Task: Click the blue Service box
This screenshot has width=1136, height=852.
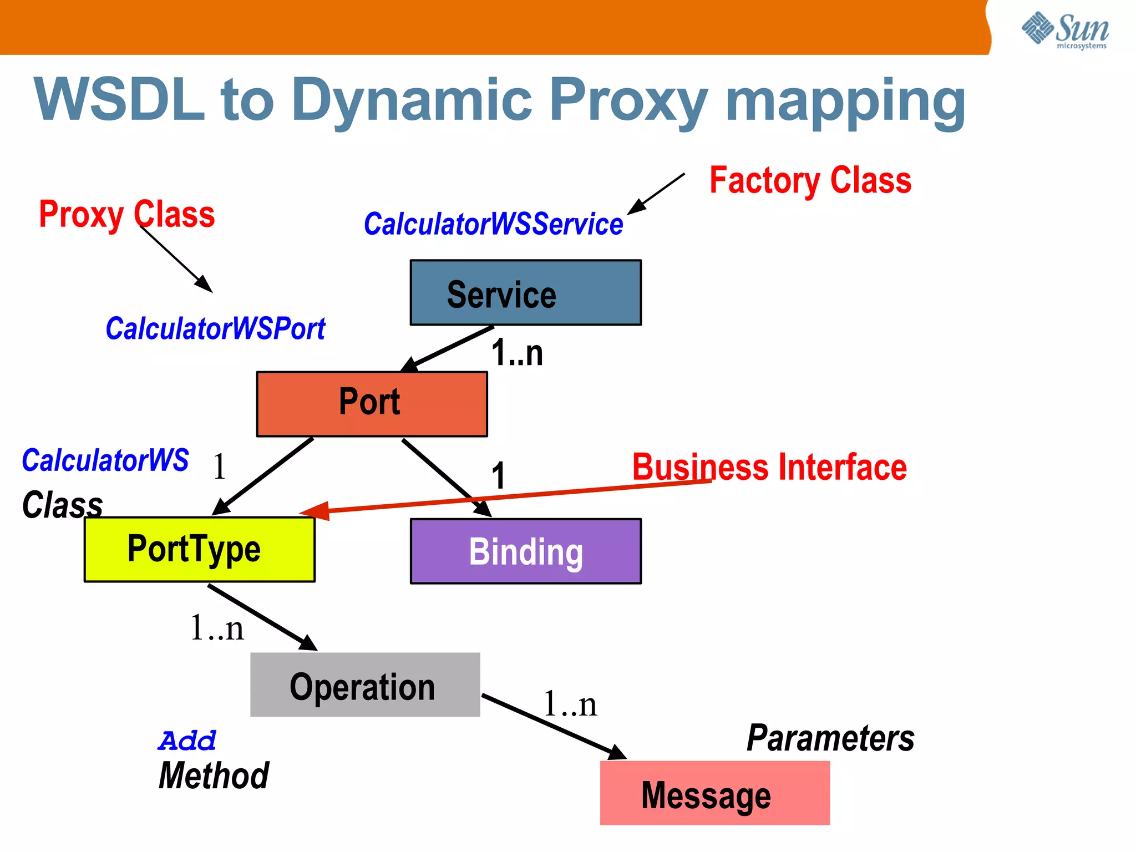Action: click(525, 292)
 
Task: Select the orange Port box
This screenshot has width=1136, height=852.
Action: click(372, 404)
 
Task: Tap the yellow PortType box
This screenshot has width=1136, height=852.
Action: click(199, 549)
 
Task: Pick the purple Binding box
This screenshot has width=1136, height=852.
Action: click(525, 551)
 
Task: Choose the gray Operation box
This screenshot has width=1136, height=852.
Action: click(364, 684)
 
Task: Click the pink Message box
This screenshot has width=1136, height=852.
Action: click(714, 793)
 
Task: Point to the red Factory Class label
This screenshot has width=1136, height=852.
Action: click(810, 180)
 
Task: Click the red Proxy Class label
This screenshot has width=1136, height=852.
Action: click(126, 214)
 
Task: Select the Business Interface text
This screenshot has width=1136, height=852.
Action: click(769, 467)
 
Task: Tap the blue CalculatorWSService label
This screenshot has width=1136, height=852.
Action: click(493, 224)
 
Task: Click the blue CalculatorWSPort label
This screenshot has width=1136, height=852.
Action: click(215, 328)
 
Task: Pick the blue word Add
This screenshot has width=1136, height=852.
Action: click(186, 741)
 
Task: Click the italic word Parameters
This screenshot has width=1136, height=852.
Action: click(830, 738)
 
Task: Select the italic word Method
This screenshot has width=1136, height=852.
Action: click(214, 775)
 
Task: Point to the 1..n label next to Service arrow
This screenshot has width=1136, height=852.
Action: click(517, 353)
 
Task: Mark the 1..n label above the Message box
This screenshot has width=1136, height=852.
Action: click(570, 704)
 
